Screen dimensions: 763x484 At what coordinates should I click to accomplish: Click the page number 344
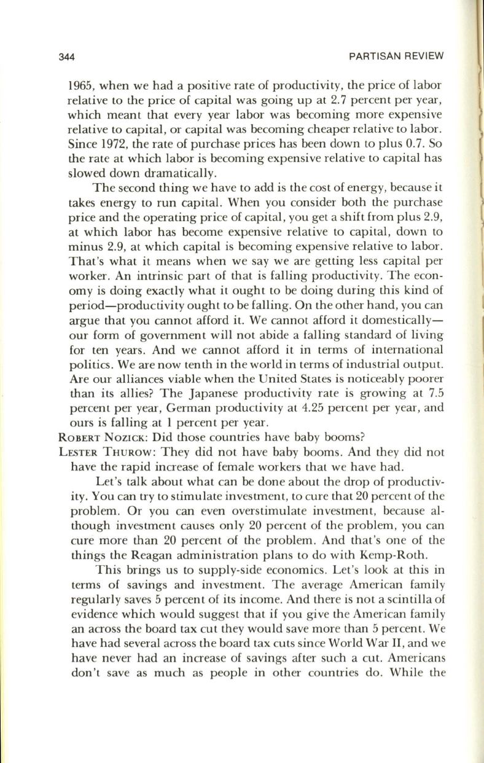coord(66,57)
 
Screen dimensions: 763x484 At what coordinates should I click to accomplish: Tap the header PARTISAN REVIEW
coord(396,57)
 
